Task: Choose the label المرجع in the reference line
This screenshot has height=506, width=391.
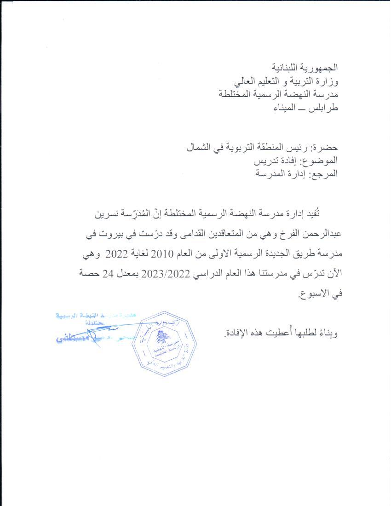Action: click(x=322, y=174)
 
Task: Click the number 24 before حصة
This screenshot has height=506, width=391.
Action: click(x=103, y=274)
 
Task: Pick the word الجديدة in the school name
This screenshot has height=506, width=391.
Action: click(x=268, y=254)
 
